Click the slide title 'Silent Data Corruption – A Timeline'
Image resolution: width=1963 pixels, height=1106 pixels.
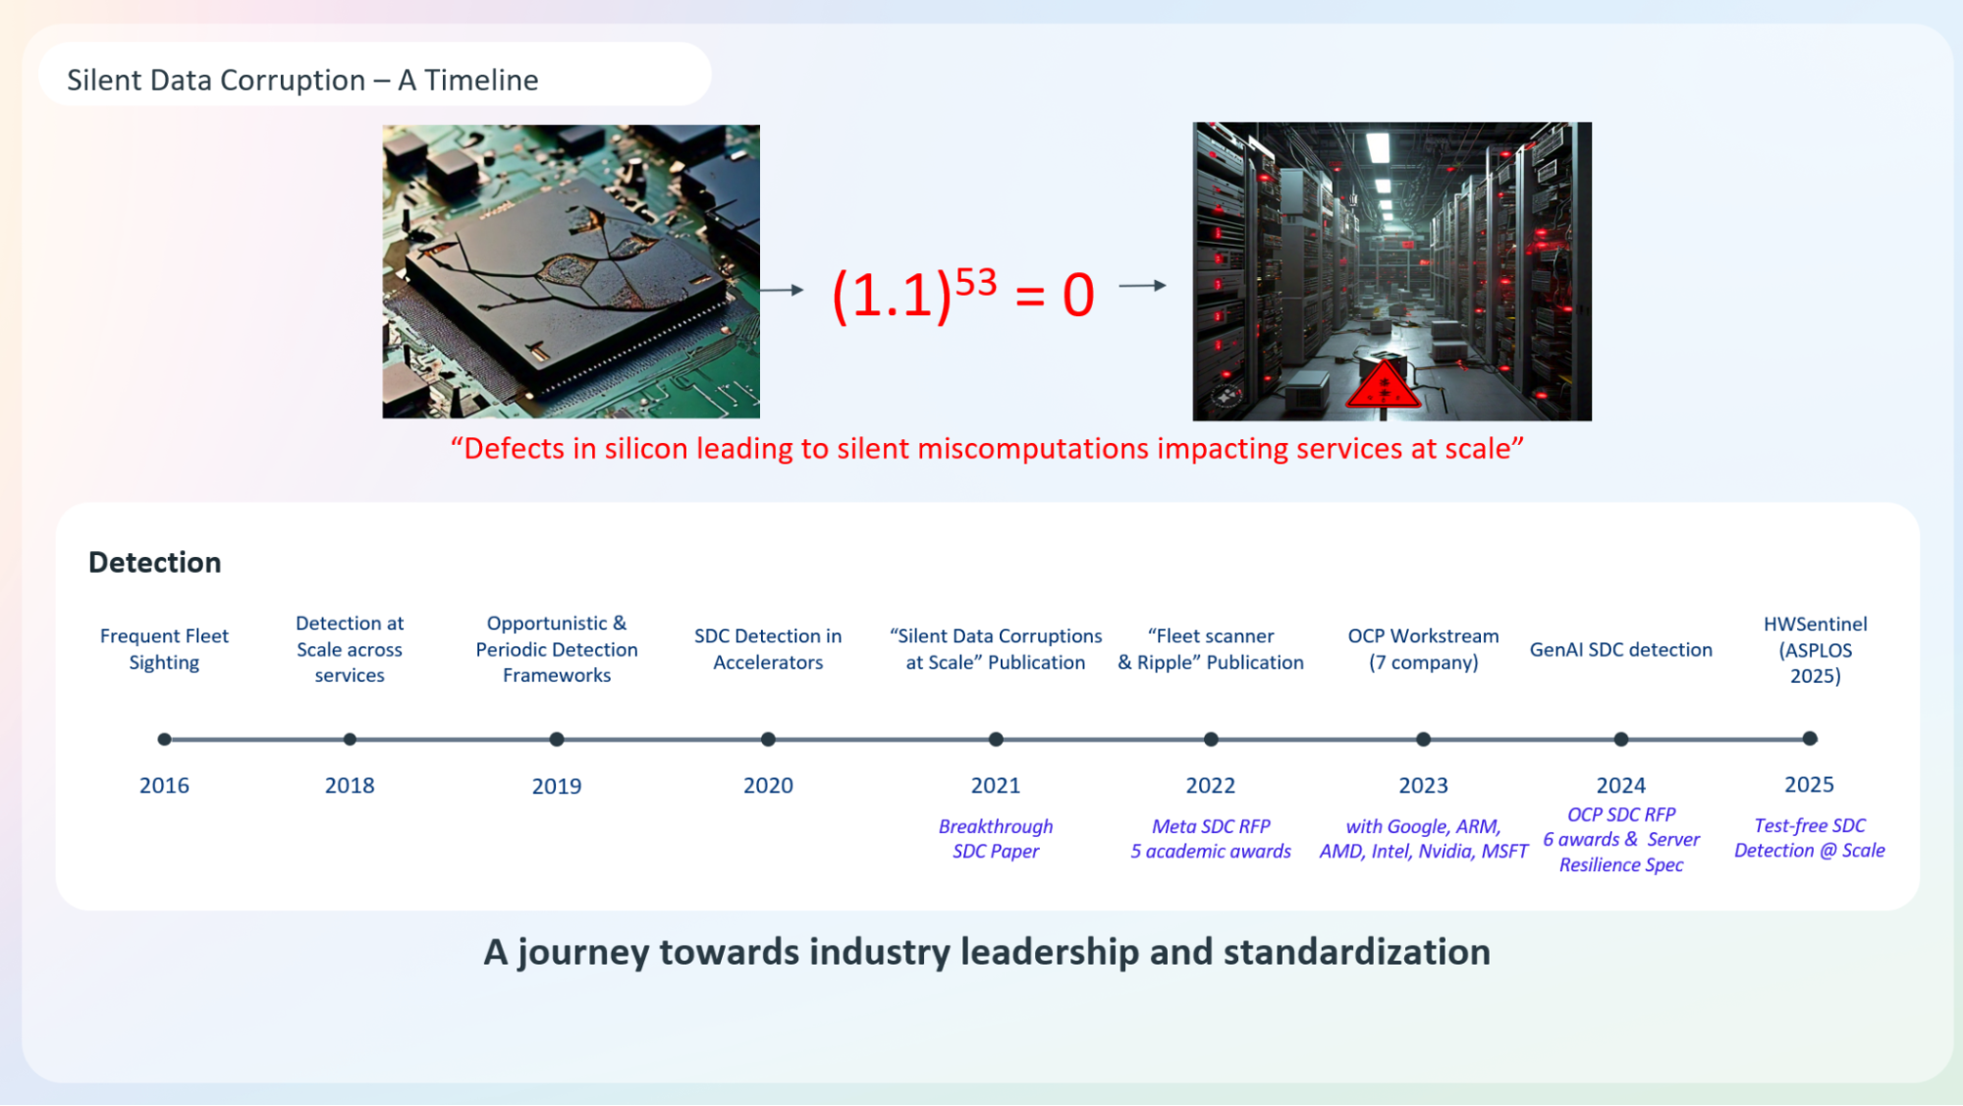302,80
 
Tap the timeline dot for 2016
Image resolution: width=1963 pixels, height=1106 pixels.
164,739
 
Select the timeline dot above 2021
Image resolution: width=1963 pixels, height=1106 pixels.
996,739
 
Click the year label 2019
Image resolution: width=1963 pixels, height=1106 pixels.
557,786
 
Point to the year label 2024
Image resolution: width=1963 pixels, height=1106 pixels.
1620,786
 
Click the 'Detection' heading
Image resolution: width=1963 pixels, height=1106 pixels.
155,562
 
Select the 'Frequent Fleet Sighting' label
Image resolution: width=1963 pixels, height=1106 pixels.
164,649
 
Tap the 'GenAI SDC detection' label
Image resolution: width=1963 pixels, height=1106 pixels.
1620,649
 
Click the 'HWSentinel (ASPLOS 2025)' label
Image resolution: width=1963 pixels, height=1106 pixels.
1815,649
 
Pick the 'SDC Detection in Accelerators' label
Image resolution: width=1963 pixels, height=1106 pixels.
768,649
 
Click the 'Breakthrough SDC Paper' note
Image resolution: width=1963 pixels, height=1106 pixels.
996,839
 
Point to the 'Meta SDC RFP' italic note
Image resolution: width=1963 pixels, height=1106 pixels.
1211,826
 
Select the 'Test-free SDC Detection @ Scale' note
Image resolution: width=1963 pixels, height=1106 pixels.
1809,838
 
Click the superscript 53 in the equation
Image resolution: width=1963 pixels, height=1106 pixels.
976,282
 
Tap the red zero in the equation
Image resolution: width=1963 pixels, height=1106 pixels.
1078,296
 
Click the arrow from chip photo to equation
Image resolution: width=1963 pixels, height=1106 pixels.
782,290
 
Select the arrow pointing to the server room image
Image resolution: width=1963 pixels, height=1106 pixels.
1143,286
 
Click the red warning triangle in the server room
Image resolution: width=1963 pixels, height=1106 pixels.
1383,385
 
